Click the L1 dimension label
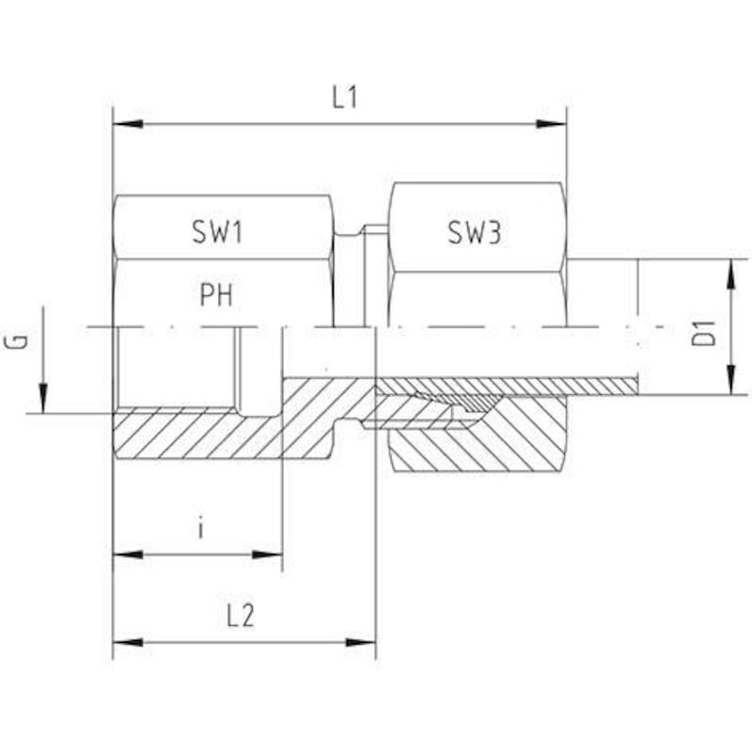pyautogui.click(x=345, y=98)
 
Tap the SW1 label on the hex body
pyautogui.click(x=217, y=231)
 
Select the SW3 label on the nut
pyautogui.click(x=474, y=232)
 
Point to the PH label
pyautogui.click(x=216, y=294)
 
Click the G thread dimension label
pyautogui.click(x=15, y=341)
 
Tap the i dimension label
pyautogui.click(x=201, y=529)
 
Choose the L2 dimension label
pyautogui.click(x=241, y=616)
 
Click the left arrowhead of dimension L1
pyautogui.click(x=128, y=124)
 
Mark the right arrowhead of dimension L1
pyautogui.click(x=552, y=124)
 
